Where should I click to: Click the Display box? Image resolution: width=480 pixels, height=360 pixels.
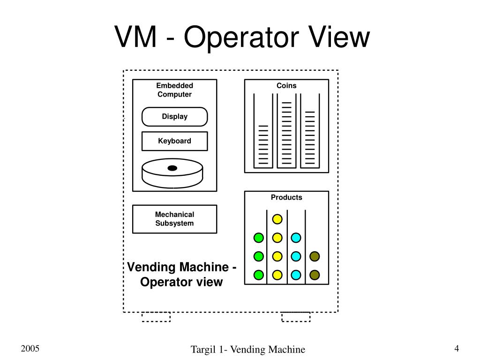pyautogui.click(x=174, y=117)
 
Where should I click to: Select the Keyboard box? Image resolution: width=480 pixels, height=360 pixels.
pyautogui.click(x=174, y=141)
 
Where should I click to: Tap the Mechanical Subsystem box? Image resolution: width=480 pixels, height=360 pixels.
pyautogui.click(x=174, y=219)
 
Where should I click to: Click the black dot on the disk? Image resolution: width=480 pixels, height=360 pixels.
pyautogui.click(x=172, y=168)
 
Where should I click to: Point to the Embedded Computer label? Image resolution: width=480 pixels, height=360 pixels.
pyautogui.click(x=174, y=90)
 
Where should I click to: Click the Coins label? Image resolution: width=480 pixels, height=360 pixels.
pyautogui.click(x=286, y=85)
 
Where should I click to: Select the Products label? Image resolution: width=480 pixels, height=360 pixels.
pyautogui.click(x=286, y=197)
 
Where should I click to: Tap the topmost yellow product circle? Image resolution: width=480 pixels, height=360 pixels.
pyautogui.click(x=277, y=219)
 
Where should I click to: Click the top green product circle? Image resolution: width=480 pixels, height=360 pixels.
pyautogui.click(x=258, y=238)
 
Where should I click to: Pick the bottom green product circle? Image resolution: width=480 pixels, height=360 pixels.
pyautogui.click(x=258, y=275)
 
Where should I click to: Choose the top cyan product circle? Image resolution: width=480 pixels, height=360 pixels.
pyautogui.click(x=296, y=238)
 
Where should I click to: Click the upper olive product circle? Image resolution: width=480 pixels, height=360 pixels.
pyautogui.click(x=315, y=256)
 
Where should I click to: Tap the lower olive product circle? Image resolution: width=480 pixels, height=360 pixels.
pyautogui.click(x=315, y=275)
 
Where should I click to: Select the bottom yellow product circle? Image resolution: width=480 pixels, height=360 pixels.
pyautogui.click(x=277, y=275)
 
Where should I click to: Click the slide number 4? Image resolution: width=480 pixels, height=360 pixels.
pyautogui.click(x=456, y=348)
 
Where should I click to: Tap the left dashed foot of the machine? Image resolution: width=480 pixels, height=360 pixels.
pyautogui.click(x=156, y=317)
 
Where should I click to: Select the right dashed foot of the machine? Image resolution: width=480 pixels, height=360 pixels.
pyautogui.click(x=296, y=317)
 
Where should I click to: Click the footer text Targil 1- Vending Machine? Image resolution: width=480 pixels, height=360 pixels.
pyautogui.click(x=247, y=349)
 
